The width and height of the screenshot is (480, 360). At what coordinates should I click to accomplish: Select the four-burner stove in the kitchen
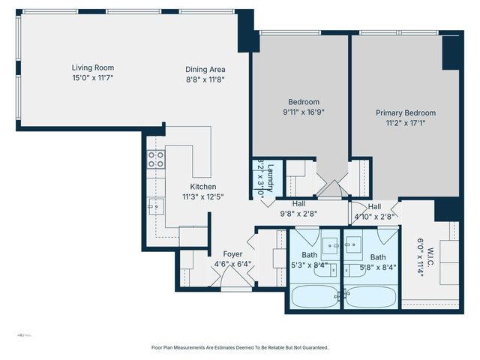pos(156,159)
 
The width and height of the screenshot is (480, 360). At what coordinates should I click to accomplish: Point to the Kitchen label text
pos(203,187)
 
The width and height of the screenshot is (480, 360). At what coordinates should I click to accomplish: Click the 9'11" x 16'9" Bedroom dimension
pos(304,112)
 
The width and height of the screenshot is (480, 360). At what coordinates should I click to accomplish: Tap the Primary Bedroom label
pos(406,113)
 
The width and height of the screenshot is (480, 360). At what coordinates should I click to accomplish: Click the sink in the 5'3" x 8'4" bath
pos(330,244)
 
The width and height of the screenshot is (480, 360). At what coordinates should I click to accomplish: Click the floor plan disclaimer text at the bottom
pos(240,347)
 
